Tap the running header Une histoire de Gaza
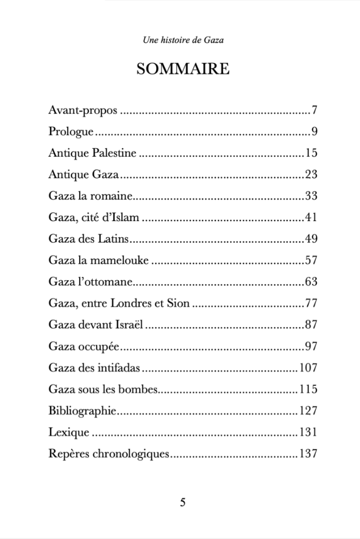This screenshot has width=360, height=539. coord(183,40)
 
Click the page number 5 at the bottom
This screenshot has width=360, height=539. coord(183,503)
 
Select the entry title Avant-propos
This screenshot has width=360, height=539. coord(82,112)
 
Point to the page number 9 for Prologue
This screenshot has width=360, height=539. coord(313,132)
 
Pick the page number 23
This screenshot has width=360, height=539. coord(310,175)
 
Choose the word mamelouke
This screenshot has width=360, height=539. coord(122,260)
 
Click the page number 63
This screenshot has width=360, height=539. coord(310,282)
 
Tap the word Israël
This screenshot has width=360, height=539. coord(128,324)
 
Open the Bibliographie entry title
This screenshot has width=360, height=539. coord(82,411)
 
